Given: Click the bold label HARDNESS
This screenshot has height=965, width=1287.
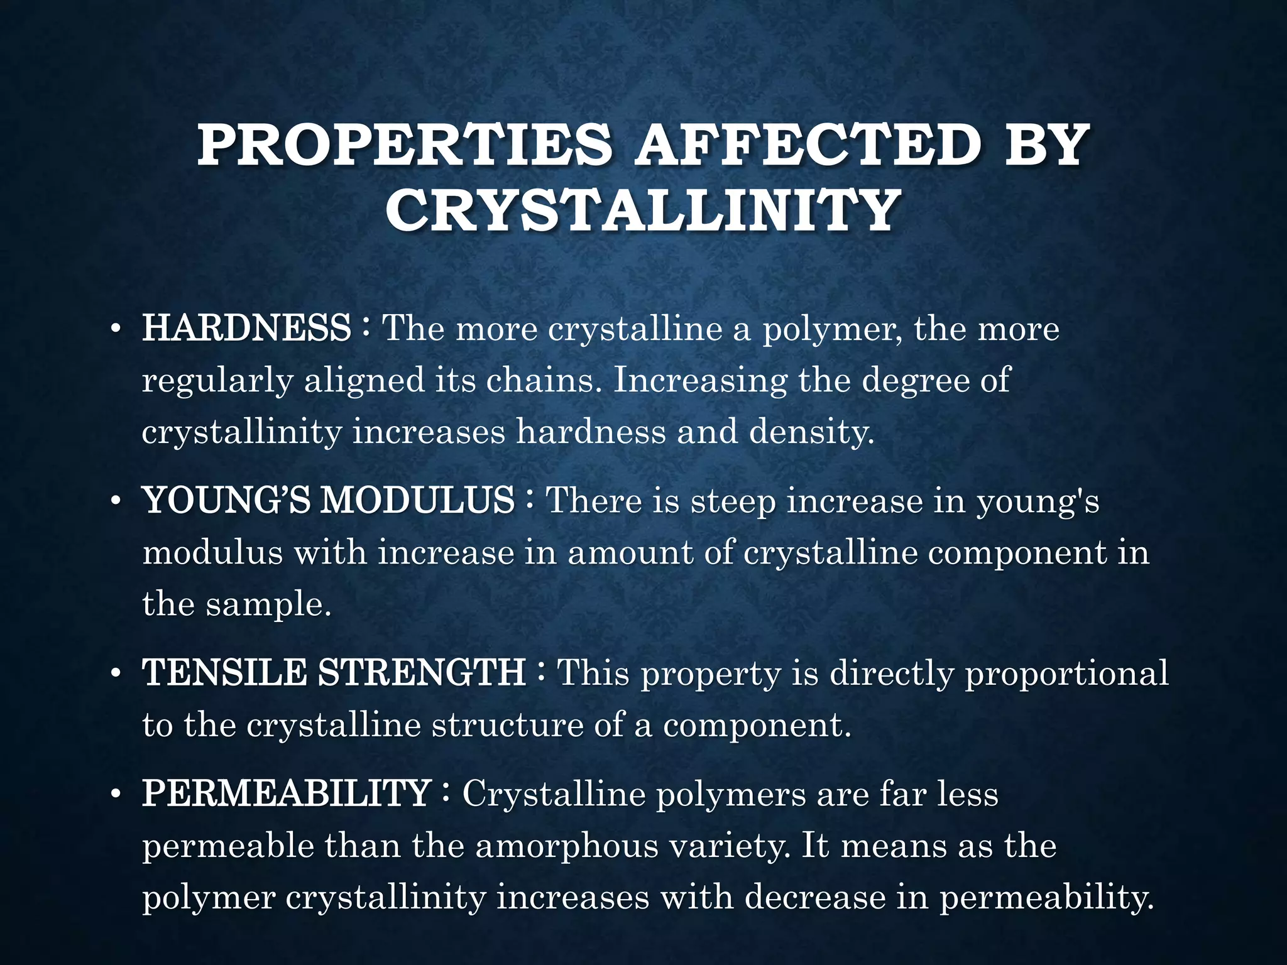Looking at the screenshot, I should tap(246, 328).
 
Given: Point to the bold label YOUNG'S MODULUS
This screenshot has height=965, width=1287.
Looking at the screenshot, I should tap(328, 501).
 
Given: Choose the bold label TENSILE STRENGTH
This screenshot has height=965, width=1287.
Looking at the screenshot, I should tap(334, 673).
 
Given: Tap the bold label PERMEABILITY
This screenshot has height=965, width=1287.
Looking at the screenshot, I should tap(287, 793).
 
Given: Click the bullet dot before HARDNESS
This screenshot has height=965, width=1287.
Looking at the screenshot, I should tap(114, 330).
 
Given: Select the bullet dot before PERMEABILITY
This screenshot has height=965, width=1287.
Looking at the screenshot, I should tap(114, 796).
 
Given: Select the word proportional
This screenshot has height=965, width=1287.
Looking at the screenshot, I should tap(1066, 673).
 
